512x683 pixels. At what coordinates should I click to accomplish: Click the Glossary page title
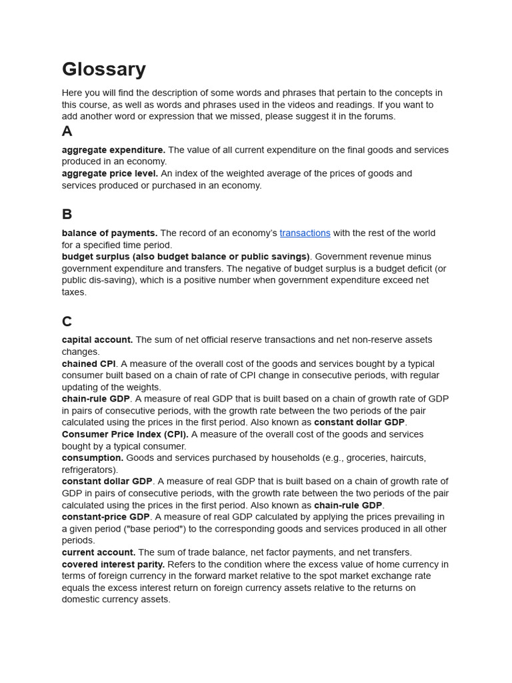(x=103, y=69)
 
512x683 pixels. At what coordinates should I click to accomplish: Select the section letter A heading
(x=67, y=131)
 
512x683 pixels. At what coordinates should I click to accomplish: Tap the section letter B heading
(x=67, y=215)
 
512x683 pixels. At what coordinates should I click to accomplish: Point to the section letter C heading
(x=67, y=321)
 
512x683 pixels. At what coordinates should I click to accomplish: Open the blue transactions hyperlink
(x=305, y=233)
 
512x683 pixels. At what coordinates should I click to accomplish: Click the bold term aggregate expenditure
(x=113, y=150)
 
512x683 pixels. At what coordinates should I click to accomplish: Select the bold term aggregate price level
(x=110, y=173)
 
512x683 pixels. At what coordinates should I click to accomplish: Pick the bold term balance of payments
(x=109, y=233)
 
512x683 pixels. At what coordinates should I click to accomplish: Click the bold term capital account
(x=97, y=339)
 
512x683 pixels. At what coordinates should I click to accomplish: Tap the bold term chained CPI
(x=89, y=364)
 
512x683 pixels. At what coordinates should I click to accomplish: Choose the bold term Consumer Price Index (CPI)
(x=125, y=434)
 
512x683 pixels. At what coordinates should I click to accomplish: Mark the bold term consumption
(x=93, y=458)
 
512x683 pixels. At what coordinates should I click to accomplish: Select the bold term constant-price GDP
(x=105, y=517)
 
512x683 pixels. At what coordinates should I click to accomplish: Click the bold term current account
(x=99, y=552)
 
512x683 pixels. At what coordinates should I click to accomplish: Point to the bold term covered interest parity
(x=113, y=564)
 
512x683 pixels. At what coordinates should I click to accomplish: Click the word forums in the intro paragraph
(x=380, y=117)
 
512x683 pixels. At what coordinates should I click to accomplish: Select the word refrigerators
(x=88, y=470)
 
